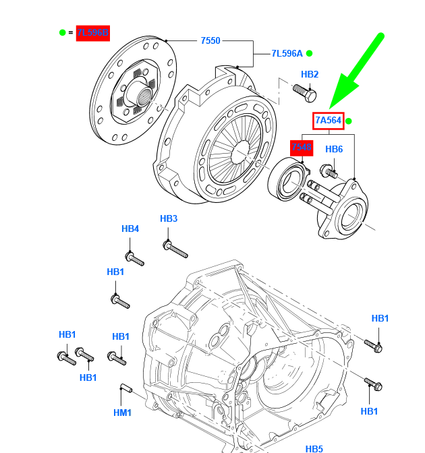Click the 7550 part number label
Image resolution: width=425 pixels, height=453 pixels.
point(210,40)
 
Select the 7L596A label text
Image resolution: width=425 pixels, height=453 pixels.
point(287,53)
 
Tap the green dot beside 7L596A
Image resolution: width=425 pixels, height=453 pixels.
point(310,53)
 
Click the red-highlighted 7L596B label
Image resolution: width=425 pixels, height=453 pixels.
point(92,32)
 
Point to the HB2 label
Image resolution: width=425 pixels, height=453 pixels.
point(310,75)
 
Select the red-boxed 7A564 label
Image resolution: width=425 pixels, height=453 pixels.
point(329,121)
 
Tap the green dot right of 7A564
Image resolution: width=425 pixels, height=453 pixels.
point(349,121)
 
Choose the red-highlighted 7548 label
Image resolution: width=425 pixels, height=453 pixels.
point(302,148)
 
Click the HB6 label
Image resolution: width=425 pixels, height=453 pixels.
point(335,149)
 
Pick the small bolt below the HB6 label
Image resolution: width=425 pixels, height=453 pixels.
point(329,171)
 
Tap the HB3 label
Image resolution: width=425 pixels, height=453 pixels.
point(169,218)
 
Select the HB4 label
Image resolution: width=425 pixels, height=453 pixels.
point(130,229)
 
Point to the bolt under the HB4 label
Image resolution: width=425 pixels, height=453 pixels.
point(134,258)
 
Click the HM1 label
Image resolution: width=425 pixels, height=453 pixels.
point(122,413)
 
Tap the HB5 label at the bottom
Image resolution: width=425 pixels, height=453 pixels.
point(314,448)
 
